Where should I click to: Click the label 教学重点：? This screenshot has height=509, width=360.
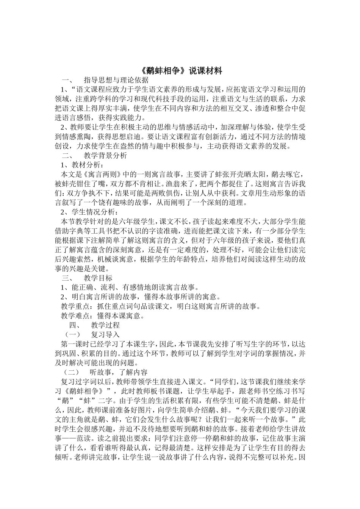[77, 306]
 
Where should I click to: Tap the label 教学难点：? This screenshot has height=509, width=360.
[77, 315]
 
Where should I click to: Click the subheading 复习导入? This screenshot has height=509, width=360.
[105, 334]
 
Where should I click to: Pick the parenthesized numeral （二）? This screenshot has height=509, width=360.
[72, 372]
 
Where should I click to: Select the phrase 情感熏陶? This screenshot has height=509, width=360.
[83, 136]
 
